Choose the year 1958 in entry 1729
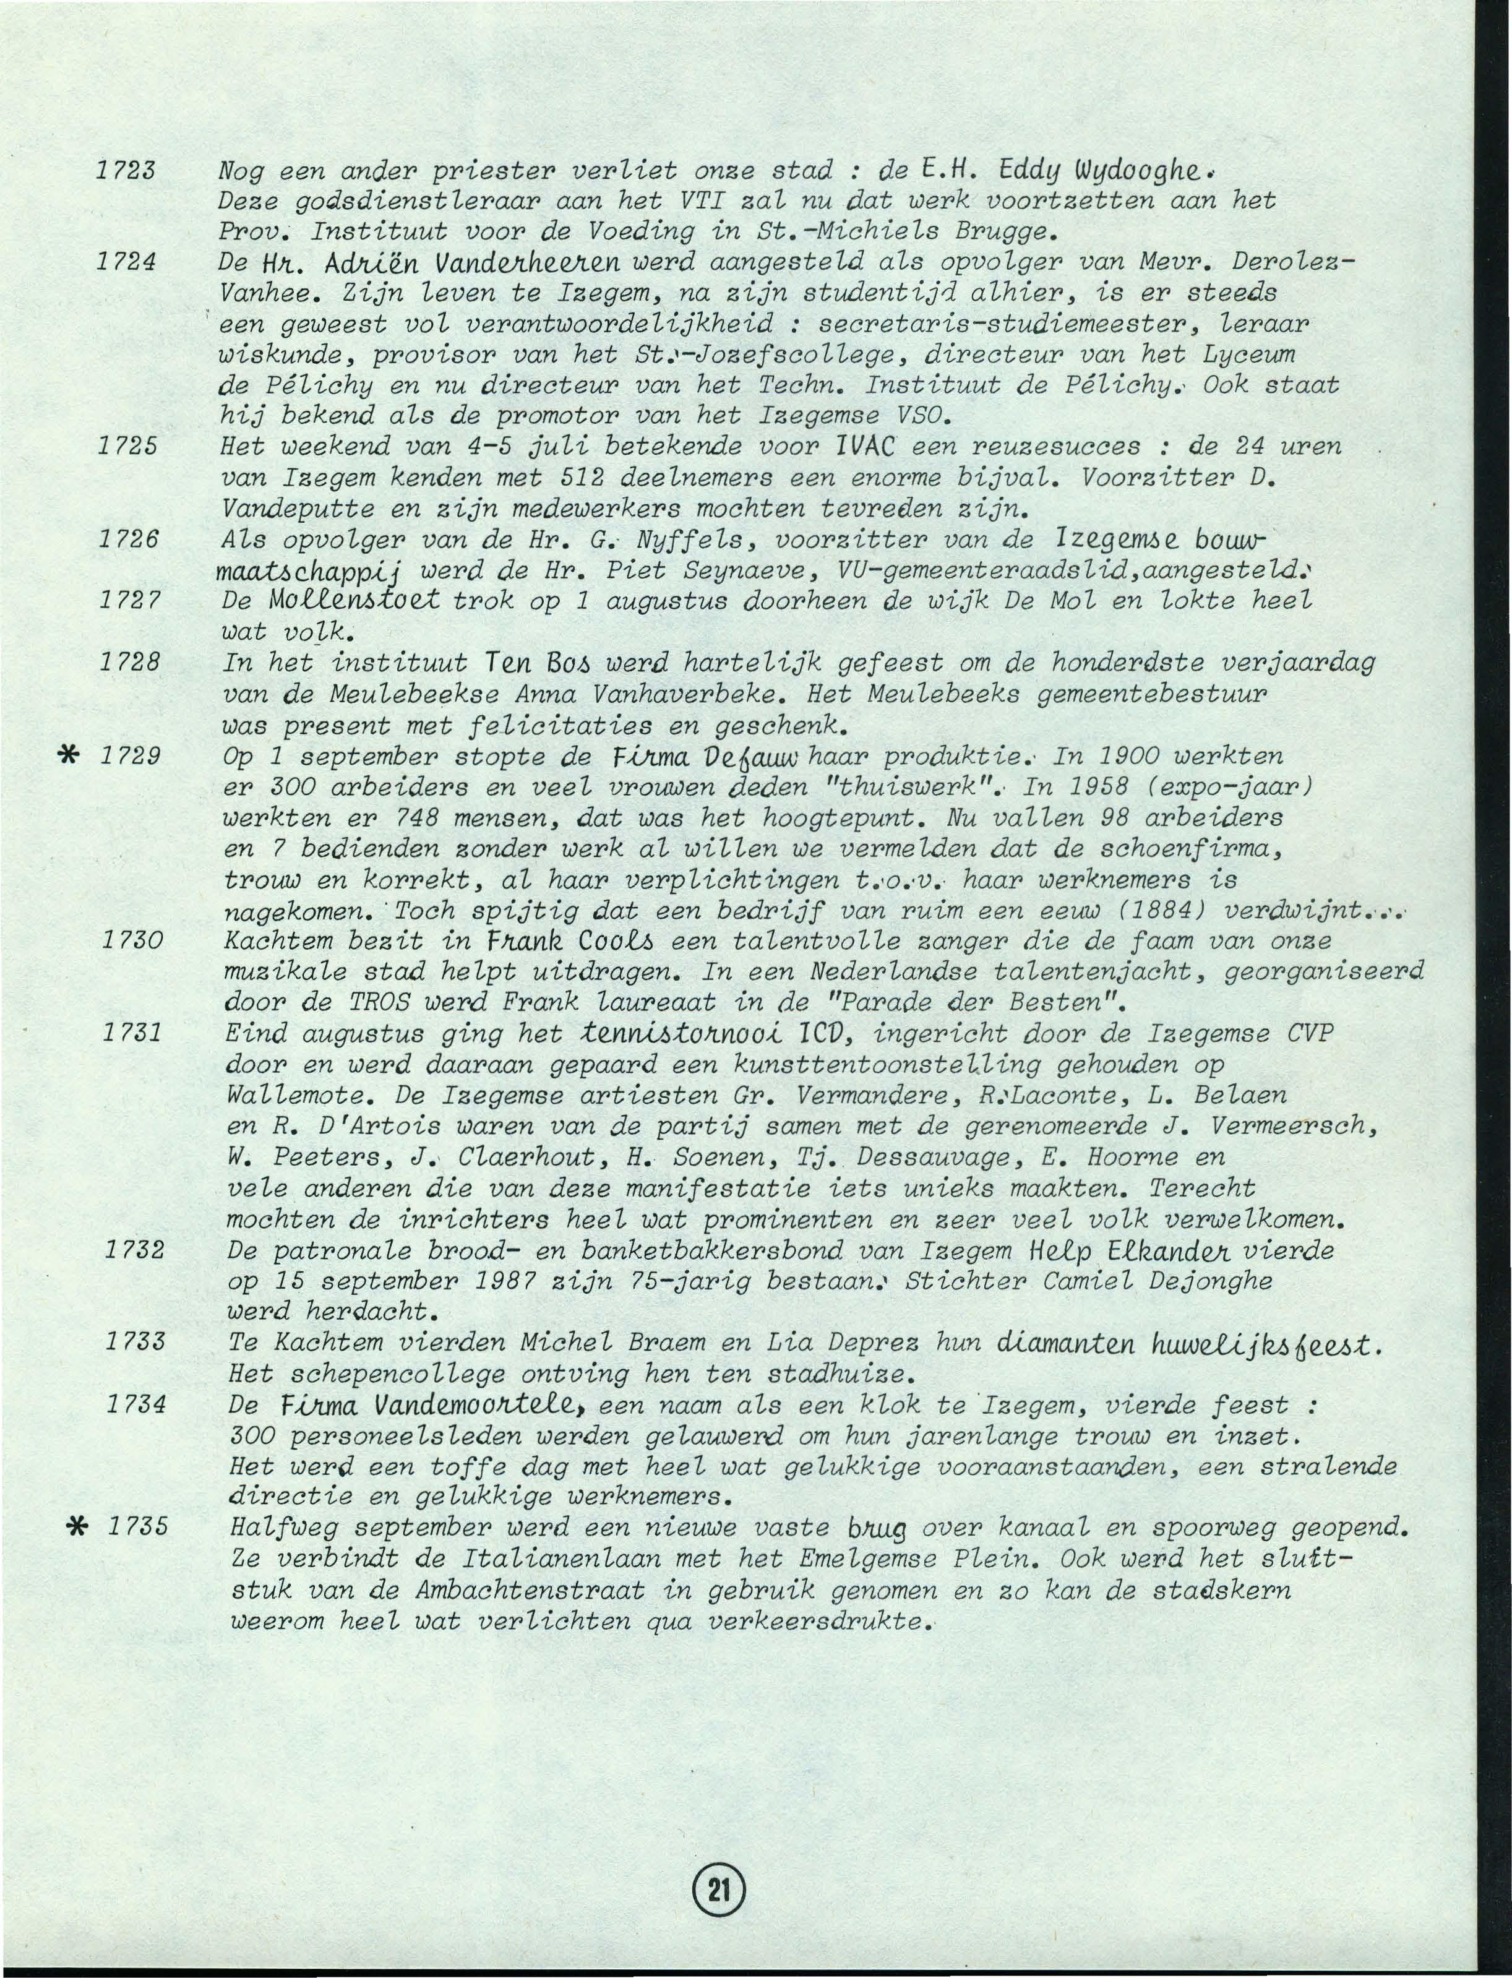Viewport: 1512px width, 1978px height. [x=1062, y=786]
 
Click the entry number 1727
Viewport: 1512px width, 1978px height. [x=131, y=600]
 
